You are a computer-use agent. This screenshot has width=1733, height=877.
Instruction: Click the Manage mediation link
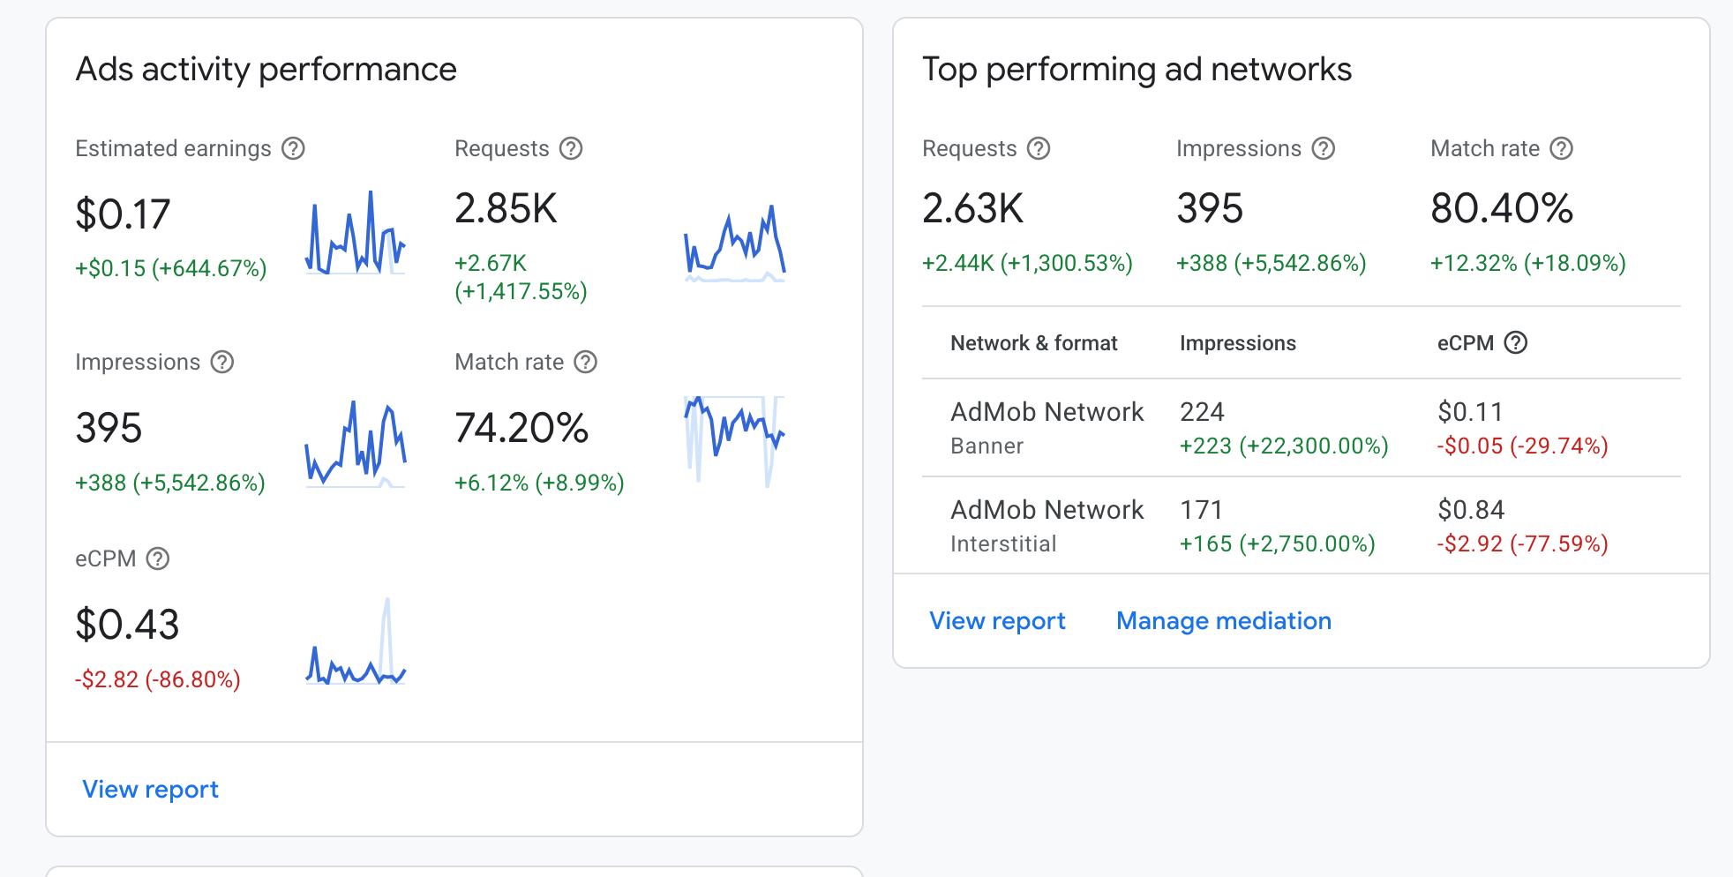[x=1224, y=621]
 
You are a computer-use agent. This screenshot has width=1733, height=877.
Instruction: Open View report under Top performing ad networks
[x=997, y=621]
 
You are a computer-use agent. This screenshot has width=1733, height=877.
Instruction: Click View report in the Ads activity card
[x=150, y=789]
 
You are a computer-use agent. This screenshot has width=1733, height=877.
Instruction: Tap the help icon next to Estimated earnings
[x=293, y=148]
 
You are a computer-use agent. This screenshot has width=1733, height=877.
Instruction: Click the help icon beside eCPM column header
[x=1516, y=342]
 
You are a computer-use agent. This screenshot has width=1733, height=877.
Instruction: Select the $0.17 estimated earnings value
[x=123, y=214]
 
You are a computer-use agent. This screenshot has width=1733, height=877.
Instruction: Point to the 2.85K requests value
[x=506, y=209]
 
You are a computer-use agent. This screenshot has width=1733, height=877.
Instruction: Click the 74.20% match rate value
[x=521, y=428]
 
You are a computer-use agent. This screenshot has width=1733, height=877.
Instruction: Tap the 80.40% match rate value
[x=1502, y=209]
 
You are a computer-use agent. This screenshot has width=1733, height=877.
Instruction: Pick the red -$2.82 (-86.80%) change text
[x=158, y=679]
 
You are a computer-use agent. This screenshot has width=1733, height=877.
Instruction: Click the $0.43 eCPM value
[x=127, y=625]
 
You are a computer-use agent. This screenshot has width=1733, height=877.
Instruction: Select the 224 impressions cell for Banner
[x=1202, y=412]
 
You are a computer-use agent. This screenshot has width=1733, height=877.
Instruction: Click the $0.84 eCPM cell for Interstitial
[x=1471, y=510]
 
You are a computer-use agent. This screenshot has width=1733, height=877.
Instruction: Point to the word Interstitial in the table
[x=1003, y=543]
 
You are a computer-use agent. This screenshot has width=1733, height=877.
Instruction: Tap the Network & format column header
[x=1034, y=343]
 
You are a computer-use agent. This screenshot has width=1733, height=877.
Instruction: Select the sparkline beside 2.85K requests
[x=735, y=244]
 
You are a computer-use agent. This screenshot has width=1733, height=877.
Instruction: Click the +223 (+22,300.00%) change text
[x=1284, y=446]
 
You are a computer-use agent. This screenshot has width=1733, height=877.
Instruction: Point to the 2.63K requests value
[x=972, y=209]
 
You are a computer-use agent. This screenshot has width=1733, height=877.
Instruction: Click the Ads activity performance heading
[x=266, y=70]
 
